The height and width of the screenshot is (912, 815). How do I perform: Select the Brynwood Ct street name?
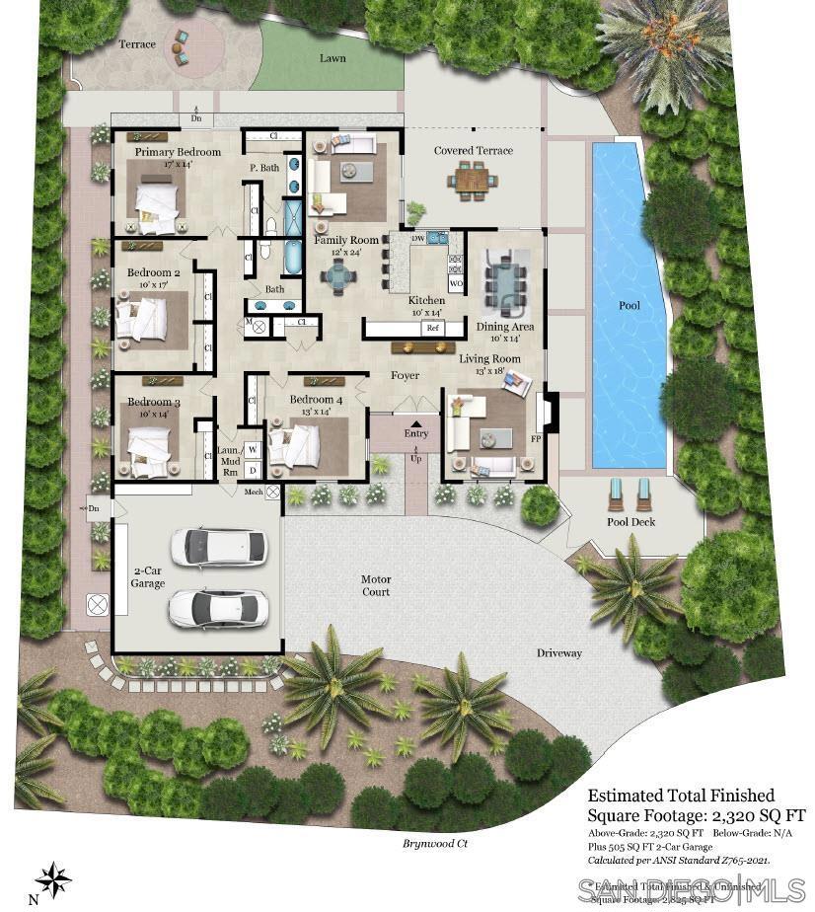click(x=435, y=843)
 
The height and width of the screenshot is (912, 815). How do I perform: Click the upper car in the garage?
click(x=218, y=546)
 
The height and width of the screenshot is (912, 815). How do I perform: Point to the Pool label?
click(x=630, y=306)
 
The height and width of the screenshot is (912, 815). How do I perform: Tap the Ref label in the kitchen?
click(x=431, y=328)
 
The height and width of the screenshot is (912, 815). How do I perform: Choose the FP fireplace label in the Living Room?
click(x=537, y=437)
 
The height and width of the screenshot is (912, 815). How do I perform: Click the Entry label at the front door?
click(x=416, y=433)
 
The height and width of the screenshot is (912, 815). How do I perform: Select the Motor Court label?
click(x=376, y=585)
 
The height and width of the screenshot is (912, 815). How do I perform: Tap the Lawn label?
click(x=333, y=58)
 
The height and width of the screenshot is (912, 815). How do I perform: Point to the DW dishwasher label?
click(x=417, y=239)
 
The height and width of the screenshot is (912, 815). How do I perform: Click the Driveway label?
click(x=559, y=653)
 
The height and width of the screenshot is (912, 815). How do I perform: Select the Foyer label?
click(x=405, y=375)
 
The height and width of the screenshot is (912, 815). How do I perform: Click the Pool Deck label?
click(x=630, y=521)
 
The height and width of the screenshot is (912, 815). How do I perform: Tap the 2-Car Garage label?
click(x=148, y=576)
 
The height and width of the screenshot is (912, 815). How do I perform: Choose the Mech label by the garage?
click(x=254, y=491)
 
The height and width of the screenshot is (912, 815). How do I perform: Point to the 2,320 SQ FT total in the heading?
click(x=749, y=815)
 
